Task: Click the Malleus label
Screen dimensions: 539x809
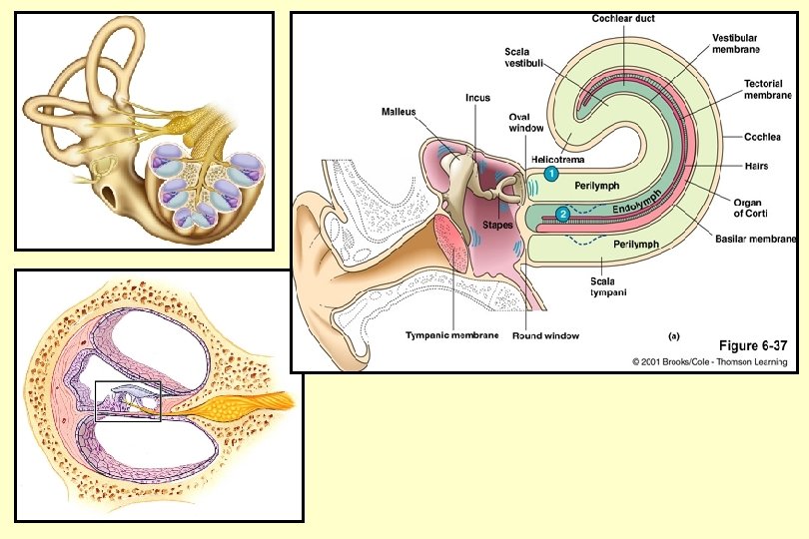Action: click(x=399, y=112)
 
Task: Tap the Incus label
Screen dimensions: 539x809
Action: click(x=477, y=98)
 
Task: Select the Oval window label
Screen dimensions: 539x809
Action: click(x=526, y=122)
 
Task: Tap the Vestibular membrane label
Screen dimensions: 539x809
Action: click(x=736, y=43)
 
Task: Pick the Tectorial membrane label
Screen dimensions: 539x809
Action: click(x=768, y=90)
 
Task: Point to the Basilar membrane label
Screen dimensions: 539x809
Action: click(x=755, y=239)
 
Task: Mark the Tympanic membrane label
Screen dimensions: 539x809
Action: click(x=452, y=335)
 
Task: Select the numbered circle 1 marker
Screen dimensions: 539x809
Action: click(x=550, y=174)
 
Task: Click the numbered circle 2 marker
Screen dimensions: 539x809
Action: click(x=563, y=213)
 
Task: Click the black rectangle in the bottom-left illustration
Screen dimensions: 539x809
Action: click(x=127, y=401)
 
